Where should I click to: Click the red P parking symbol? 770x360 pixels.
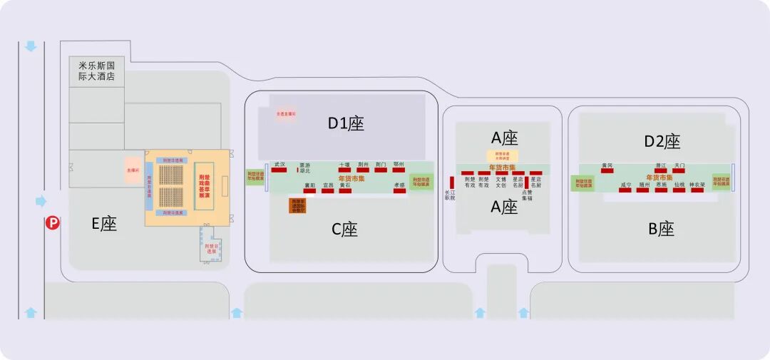point(52,223)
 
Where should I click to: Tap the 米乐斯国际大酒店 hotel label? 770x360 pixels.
point(97,71)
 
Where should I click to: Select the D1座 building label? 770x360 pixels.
point(346,123)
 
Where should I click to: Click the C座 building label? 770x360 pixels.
point(345,230)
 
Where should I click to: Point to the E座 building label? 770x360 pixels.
point(103,224)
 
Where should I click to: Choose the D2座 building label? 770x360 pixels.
point(662,141)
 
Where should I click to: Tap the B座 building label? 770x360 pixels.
point(661,230)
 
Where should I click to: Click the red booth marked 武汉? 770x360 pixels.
point(279,170)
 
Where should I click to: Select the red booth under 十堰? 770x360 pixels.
point(345,170)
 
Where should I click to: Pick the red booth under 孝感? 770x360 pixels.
point(399,190)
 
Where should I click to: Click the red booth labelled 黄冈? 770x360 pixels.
point(607,171)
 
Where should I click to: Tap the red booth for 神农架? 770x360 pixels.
point(697,190)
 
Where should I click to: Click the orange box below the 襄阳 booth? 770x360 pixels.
point(297,205)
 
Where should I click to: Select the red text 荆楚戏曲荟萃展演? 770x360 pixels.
point(203,185)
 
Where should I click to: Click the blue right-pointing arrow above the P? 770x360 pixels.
point(41,202)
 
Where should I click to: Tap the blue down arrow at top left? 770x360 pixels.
point(31,47)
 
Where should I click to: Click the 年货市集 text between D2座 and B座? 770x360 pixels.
point(659,178)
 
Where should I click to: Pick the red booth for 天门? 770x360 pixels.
point(679,171)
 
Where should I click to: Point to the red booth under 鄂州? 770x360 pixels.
point(399,170)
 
